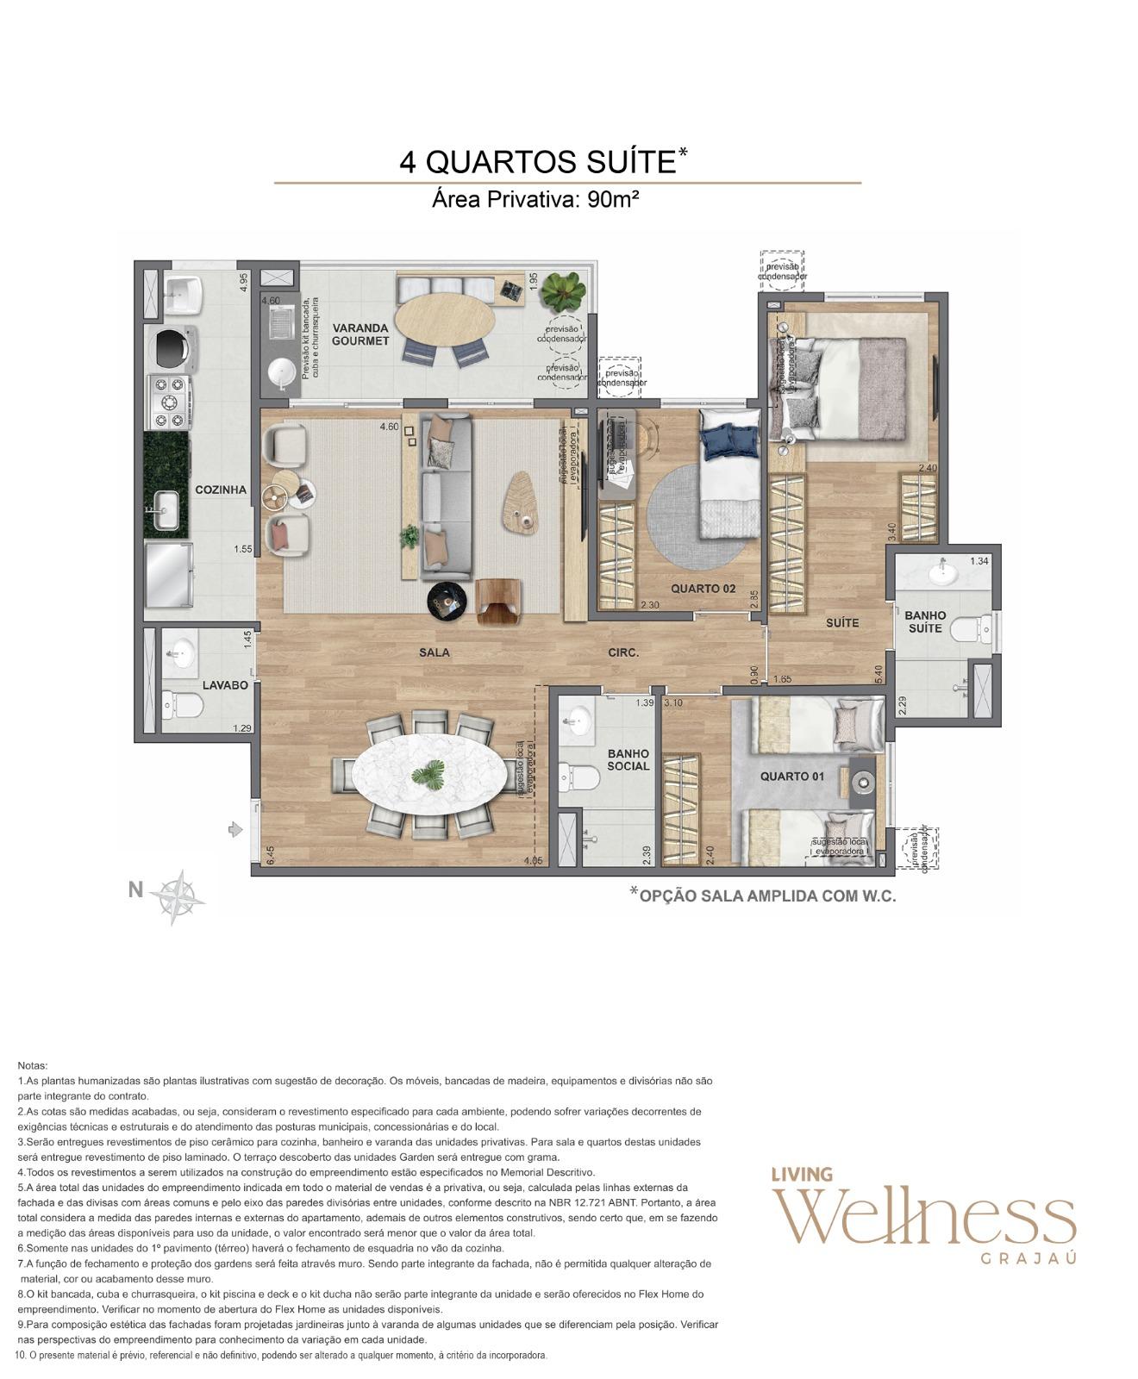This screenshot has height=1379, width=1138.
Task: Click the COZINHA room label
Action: pyautogui.click(x=221, y=490)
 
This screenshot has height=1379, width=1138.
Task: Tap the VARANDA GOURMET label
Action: pyautogui.click(x=360, y=334)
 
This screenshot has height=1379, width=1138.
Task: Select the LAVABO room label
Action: pyautogui.click(x=225, y=685)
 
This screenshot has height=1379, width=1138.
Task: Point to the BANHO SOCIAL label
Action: pyautogui.click(x=628, y=759)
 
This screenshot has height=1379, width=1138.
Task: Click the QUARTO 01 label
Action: pyautogui.click(x=791, y=777)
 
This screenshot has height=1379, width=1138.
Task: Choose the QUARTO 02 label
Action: pyautogui.click(x=703, y=589)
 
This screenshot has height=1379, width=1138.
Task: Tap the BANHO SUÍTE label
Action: pyautogui.click(x=924, y=621)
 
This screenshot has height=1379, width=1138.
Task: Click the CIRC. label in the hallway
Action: pyautogui.click(x=623, y=652)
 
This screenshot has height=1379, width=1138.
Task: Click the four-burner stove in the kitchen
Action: pyautogui.click(x=168, y=402)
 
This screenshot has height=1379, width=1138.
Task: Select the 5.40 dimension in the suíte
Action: pyautogui.click(x=879, y=673)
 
